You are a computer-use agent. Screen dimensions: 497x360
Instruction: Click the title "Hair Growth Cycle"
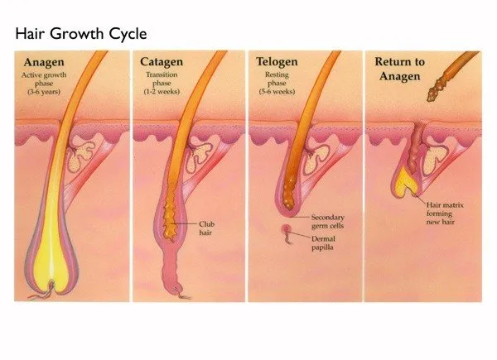[81, 34]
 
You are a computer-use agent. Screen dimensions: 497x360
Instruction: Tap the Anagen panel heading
[44, 62]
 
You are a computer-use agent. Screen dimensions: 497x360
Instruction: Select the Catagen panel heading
[162, 62]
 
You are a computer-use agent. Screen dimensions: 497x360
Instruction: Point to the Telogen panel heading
[277, 62]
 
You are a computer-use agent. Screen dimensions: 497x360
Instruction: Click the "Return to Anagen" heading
[400, 69]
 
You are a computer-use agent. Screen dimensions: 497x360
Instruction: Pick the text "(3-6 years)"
[44, 92]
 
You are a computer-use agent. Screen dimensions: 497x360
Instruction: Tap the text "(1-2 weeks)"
[162, 92]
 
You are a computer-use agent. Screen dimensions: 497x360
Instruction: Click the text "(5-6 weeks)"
[277, 92]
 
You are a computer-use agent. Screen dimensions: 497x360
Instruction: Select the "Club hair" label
[206, 228]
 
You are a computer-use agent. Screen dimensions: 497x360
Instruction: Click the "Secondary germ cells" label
[328, 222]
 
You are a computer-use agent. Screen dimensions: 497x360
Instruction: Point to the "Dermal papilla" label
[323, 242]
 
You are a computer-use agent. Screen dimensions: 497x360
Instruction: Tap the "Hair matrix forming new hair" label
[445, 214]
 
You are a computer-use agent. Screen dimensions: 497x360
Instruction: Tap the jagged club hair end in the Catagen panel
[170, 222]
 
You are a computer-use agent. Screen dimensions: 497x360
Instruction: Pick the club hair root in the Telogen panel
[289, 193]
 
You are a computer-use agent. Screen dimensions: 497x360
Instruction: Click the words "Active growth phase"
[44, 79]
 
